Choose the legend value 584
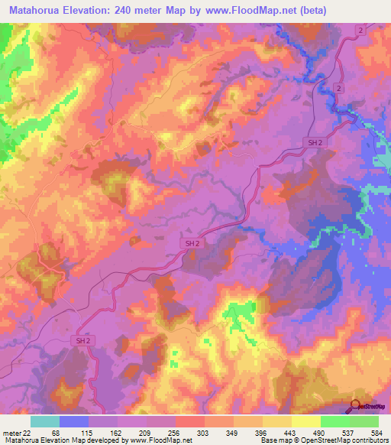pyautogui.click(x=376, y=432)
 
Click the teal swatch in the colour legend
pyautogui.click(x=45, y=421)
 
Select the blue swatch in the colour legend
pyautogui.click(x=74, y=421)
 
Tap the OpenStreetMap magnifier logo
pyautogui.click(x=355, y=405)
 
